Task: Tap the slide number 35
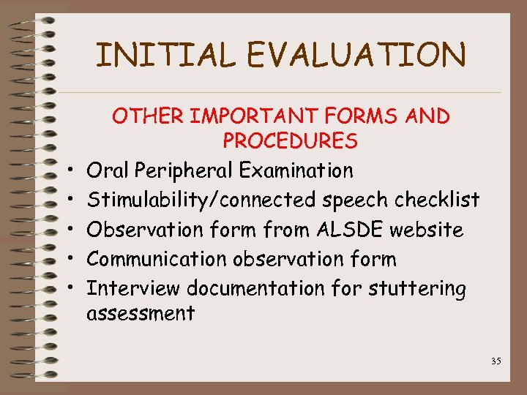click(496, 361)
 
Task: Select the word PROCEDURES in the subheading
click(290, 140)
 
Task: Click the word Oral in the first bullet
click(108, 171)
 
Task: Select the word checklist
click(437, 200)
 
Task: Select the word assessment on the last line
click(141, 315)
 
